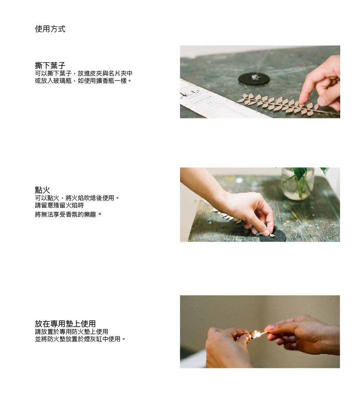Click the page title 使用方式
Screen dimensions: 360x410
click(x=50, y=29)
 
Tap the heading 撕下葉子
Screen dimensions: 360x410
click(x=50, y=65)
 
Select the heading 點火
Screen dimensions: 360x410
click(x=43, y=190)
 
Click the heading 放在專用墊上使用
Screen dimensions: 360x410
click(x=65, y=324)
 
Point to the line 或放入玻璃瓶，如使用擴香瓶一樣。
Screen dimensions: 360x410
click(x=83, y=81)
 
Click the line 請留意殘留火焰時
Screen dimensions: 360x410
click(x=59, y=205)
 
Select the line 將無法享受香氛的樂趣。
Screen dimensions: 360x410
click(x=68, y=214)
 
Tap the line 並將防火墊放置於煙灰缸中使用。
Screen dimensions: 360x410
click(x=80, y=339)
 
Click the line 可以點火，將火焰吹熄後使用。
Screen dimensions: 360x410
click(x=77, y=198)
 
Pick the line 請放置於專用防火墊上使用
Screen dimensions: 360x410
click(x=71, y=332)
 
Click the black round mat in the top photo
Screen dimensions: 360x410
click(x=254, y=78)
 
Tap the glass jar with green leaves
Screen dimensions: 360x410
click(x=297, y=183)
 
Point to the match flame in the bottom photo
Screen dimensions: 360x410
click(x=257, y=335)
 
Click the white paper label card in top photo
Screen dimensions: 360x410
click(x=207, y=101)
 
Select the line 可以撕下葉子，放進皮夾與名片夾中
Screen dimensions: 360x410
click(x=84, y=74)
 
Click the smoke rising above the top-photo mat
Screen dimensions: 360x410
click(x=260, y=62)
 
